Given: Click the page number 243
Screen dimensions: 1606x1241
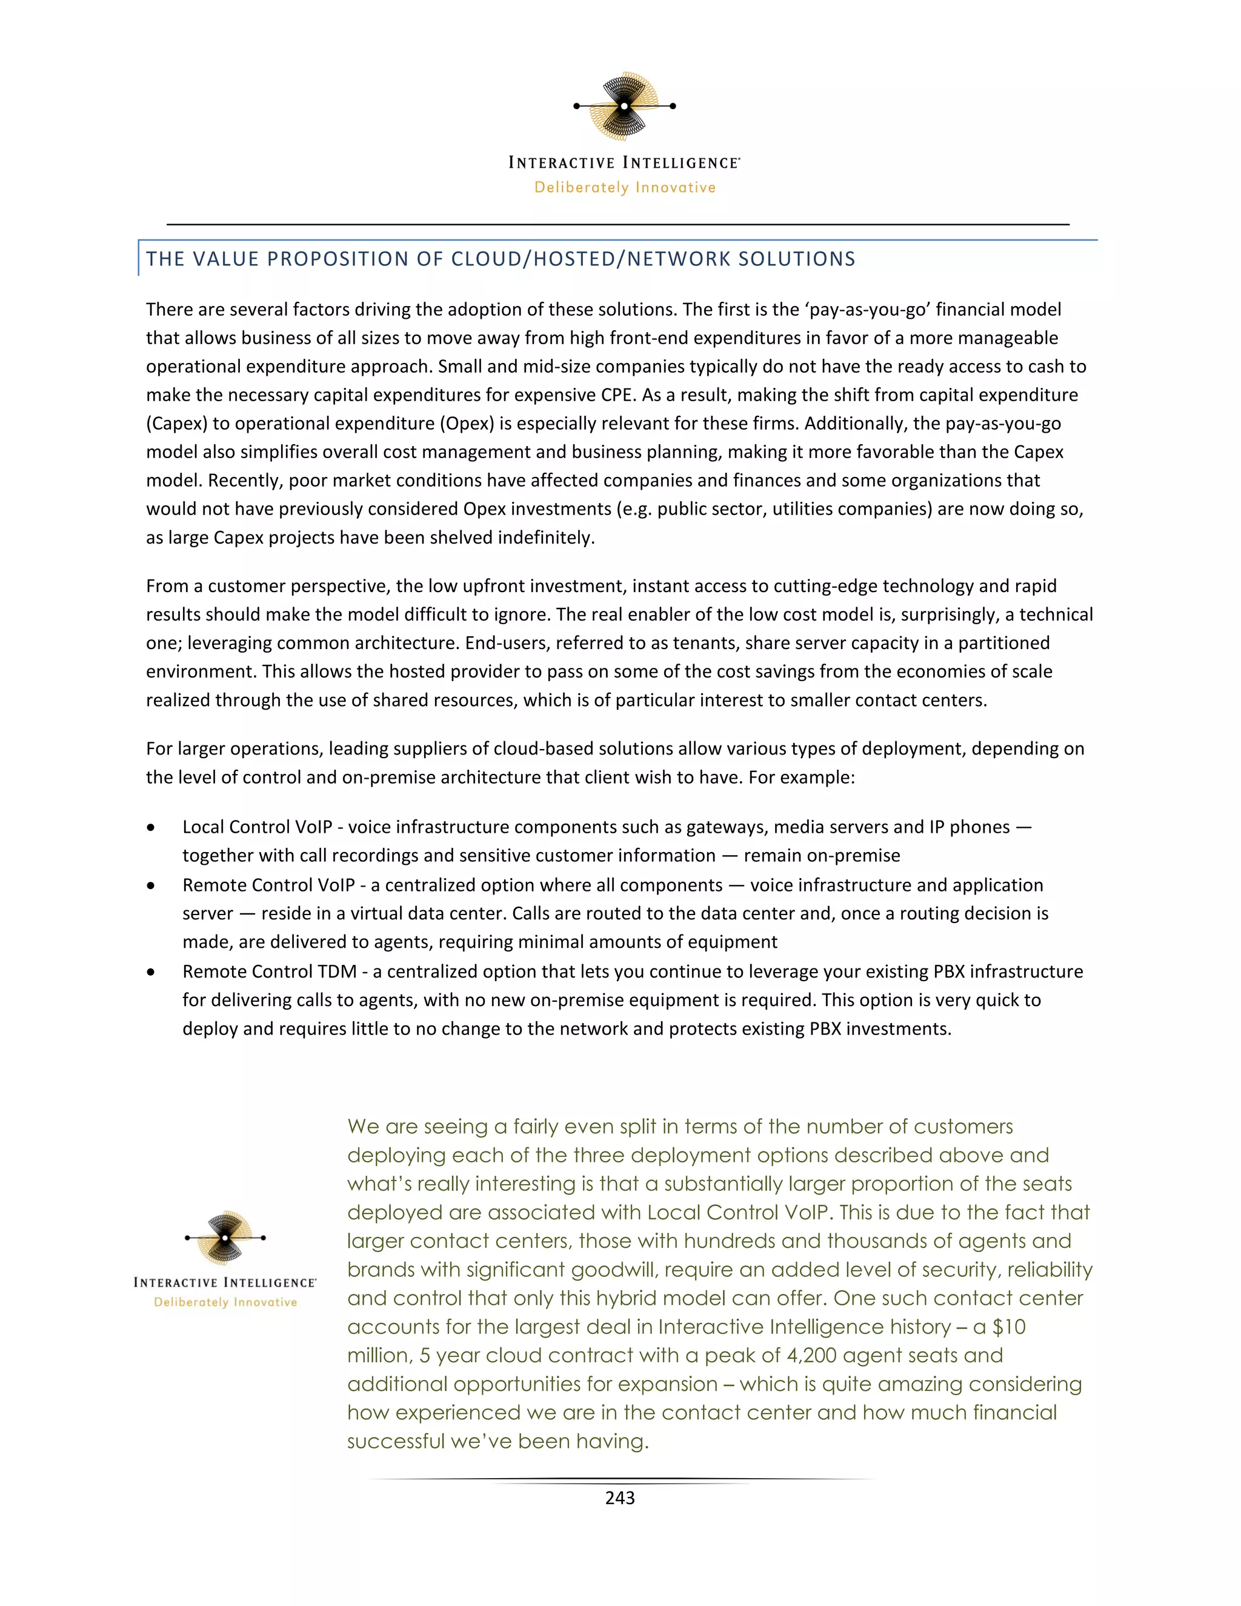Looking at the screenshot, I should tap(620, 1498).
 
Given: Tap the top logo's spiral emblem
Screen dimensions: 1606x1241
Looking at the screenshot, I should tap(625, 106).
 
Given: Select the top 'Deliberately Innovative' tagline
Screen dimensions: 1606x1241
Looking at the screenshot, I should tap(625, 187).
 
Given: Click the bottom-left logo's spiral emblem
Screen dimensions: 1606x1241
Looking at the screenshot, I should tap(225, 1238).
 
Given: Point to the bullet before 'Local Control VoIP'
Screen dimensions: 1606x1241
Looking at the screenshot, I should tap(151, 828).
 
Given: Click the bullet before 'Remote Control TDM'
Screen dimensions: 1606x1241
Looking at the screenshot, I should tap(151, 972).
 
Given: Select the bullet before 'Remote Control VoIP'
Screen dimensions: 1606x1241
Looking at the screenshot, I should tap(151, 885).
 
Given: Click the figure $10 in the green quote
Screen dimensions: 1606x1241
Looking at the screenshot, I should tap(1009, 1327).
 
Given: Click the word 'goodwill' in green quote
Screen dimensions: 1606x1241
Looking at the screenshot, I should tap(623, 1270).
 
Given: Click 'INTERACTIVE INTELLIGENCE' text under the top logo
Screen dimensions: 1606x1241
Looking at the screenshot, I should tap(624, 162).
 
